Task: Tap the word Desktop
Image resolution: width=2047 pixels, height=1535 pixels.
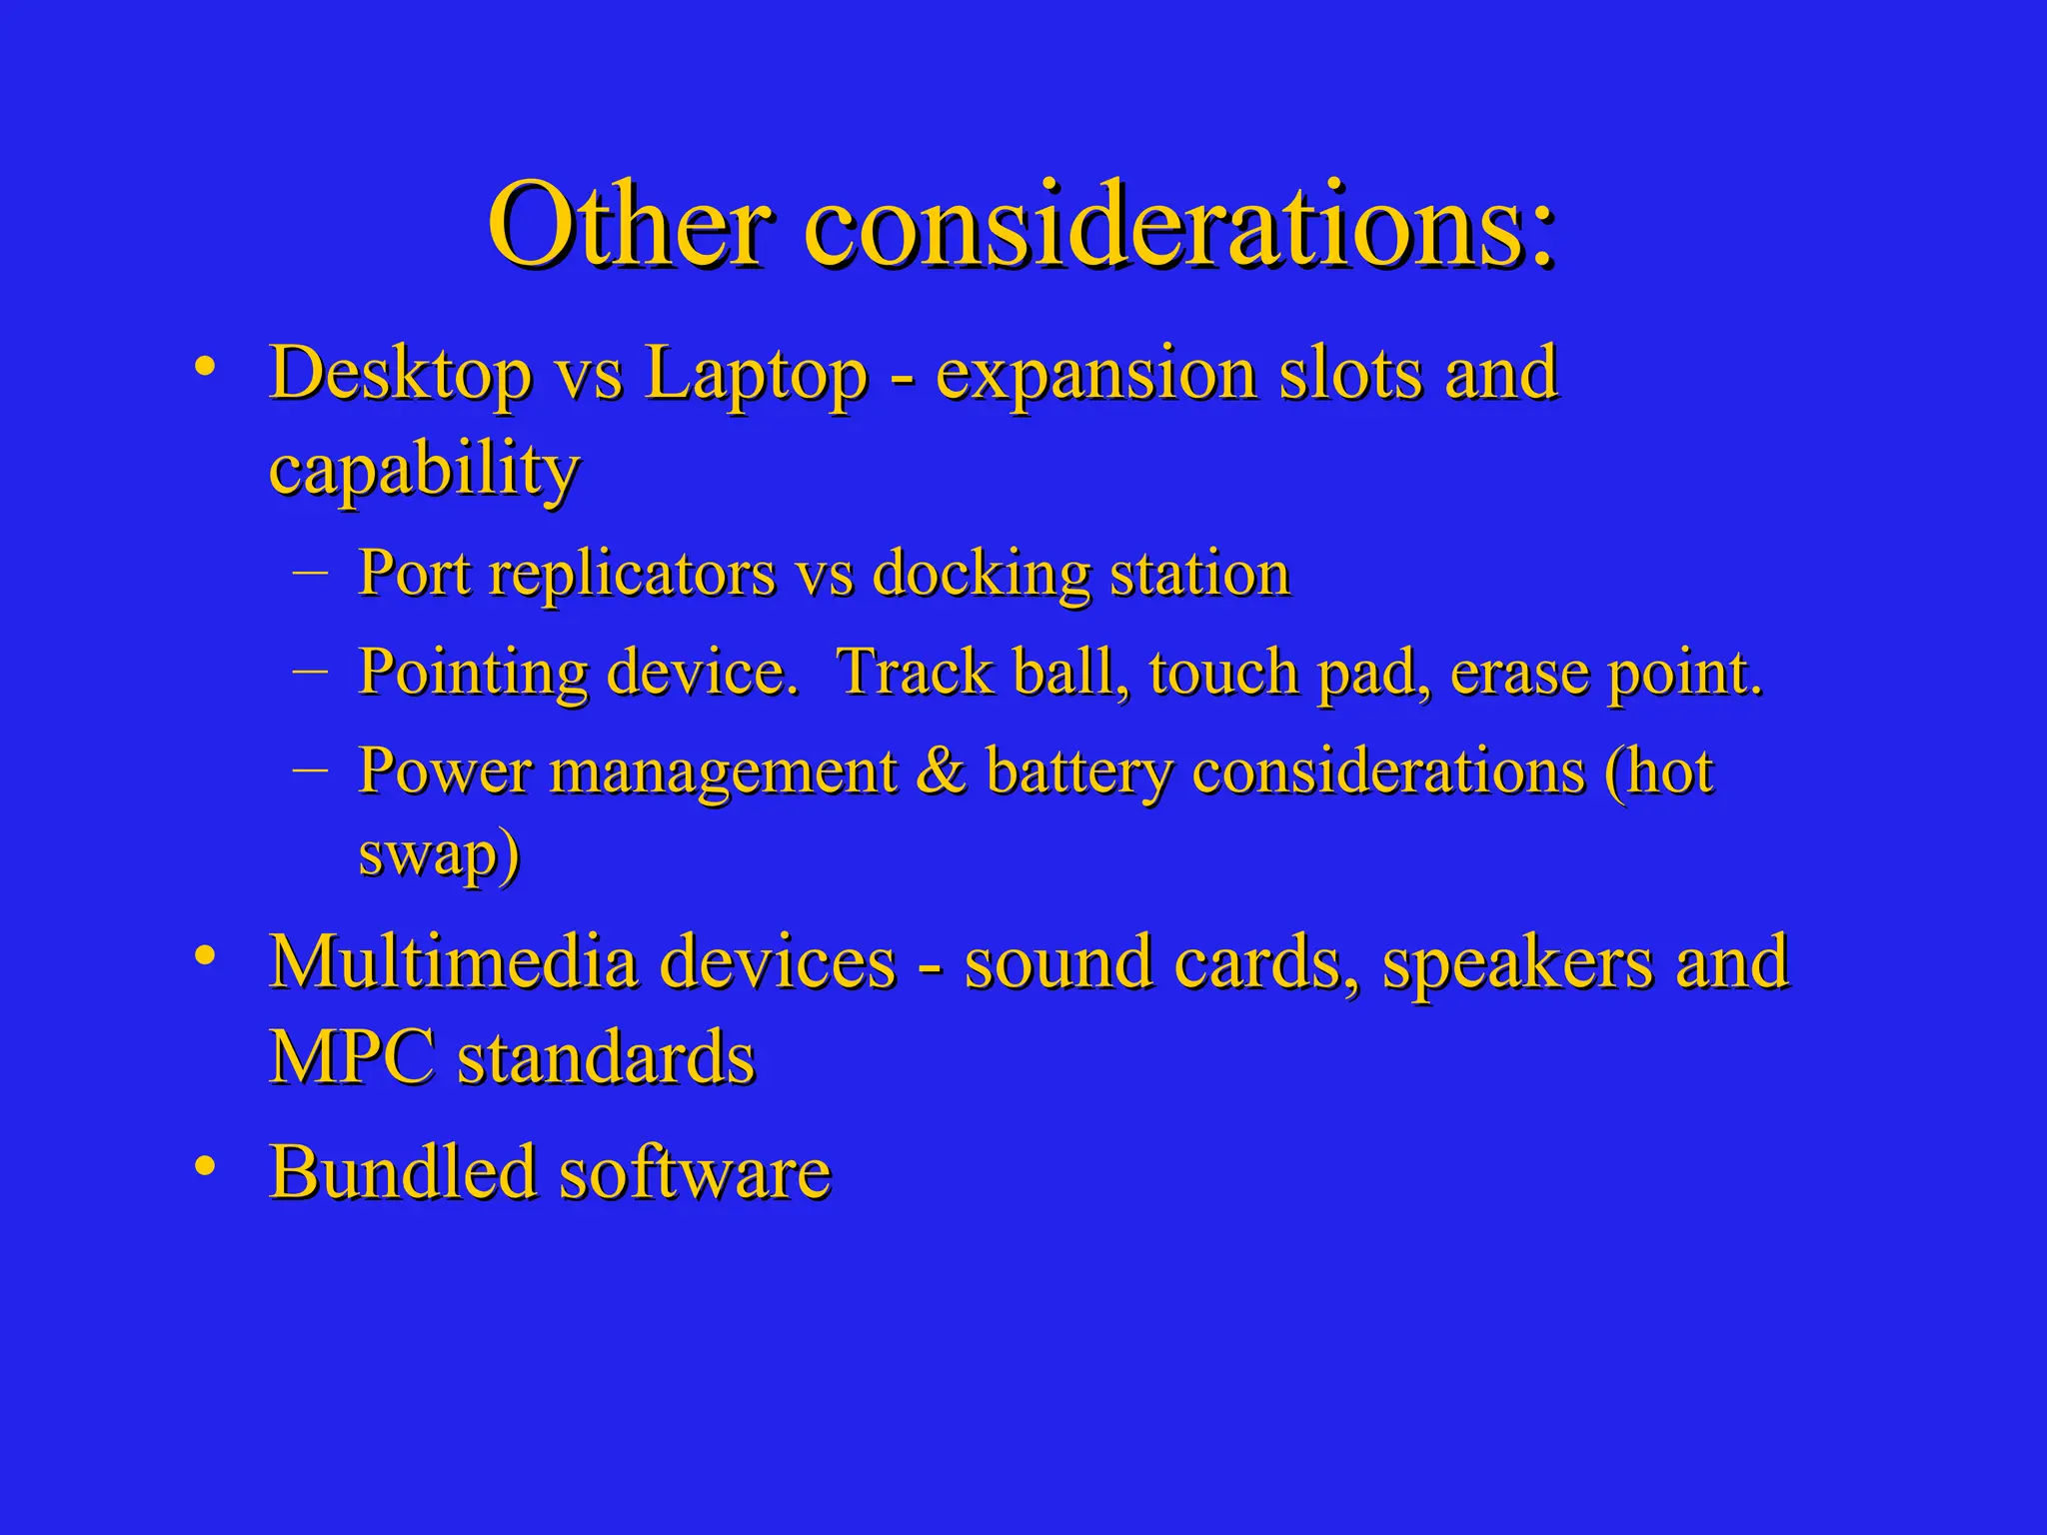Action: coord(400,374)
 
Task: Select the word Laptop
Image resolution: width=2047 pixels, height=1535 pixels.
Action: coord(756,374)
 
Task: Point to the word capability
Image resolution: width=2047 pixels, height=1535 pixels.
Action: coord(424,470)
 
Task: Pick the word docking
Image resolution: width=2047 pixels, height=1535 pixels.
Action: coord(981,576)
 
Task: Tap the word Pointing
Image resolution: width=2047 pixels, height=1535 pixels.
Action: coord(472,673)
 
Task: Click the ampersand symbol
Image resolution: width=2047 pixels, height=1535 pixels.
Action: coord(941,770)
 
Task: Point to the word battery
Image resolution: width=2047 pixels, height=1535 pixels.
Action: coord(1078,772)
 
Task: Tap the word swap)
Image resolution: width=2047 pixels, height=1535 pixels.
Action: coord(439,855)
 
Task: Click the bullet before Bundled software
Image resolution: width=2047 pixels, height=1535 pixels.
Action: coord(205,1165)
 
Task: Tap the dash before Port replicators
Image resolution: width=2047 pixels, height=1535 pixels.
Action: coord(311,571)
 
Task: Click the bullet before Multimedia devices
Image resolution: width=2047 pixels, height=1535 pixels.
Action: coord(205,955)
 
